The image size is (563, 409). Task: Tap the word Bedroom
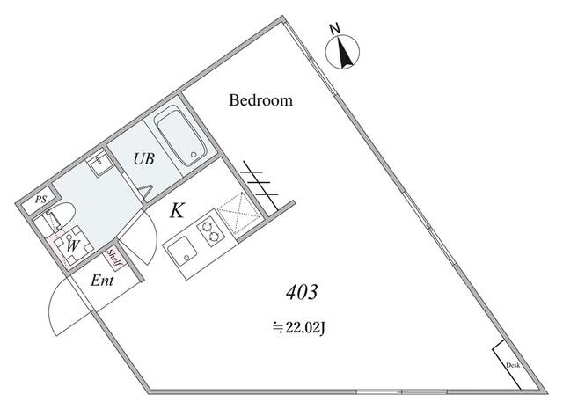pos(260,100)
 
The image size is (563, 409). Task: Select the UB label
pos(145,159)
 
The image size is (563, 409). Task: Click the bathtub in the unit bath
pos(180,137)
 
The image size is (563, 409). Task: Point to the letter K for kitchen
pos(177,211)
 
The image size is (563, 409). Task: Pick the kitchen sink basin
pos(183,253)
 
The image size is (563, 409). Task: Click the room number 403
pos(300,292)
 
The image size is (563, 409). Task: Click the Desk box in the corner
pos(512,363)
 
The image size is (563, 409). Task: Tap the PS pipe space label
pos(40,201)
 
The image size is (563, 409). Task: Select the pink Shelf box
pos(113,259)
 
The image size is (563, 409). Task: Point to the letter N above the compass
pos(335,30)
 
